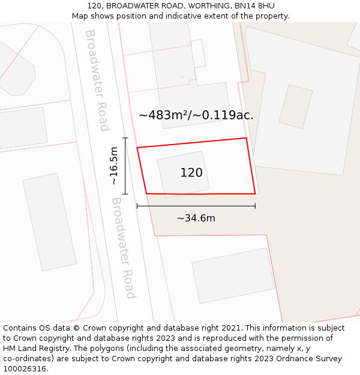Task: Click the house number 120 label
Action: point(191,173)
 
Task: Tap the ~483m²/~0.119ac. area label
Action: point(196,115)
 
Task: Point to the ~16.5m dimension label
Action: point(114,166)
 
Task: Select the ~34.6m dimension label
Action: point(196,218)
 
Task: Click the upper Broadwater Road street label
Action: point(97,80)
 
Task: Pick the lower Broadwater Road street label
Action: point(123,248)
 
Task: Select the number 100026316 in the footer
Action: point(25,369)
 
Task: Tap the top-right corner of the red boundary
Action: point(246,139)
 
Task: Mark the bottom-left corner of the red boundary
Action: point(146,193)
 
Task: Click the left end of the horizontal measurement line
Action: point(137,206)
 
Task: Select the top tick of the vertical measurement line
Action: point(125,138)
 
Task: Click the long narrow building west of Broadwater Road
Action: point(50,221)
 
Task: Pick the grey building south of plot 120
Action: point(233,275)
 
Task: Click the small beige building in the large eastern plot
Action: point(295,106)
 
